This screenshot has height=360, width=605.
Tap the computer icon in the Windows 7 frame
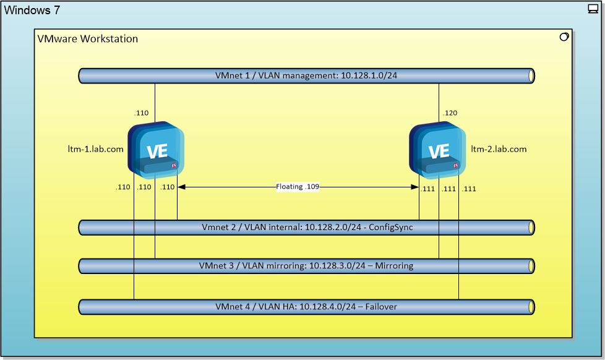tap(593, 9)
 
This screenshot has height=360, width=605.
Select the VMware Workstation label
tap(88, 39)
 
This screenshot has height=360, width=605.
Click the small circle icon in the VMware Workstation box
tap(564, 37)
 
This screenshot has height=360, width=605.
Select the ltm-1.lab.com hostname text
tap(95, 149)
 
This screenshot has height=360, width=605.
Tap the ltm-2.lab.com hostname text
tap(499, 149)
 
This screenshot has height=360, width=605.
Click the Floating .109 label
tap(298, 187)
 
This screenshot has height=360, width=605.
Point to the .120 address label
tap(450, 113)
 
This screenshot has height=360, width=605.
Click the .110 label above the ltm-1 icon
tap(142, 113)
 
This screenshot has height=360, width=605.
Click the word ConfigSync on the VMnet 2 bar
tap(391, 228)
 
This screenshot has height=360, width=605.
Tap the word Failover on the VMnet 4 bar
tap(381, 307)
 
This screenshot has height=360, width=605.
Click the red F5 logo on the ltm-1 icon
tap(174, 166)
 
